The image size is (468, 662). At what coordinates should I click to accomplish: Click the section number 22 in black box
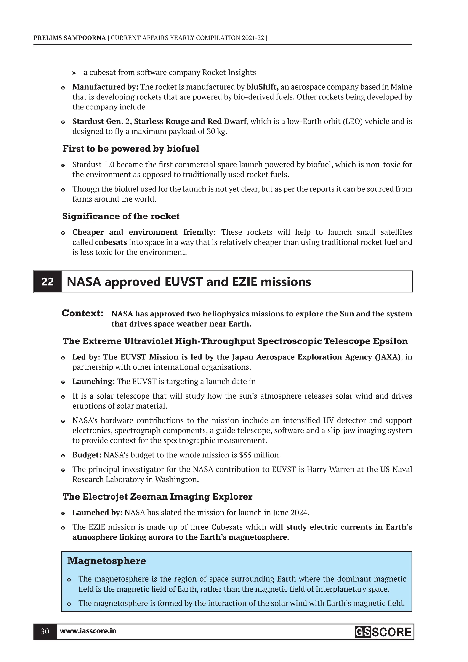click(x=48, y=282)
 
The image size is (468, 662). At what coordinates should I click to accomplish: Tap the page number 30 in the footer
click(x=45, y=631)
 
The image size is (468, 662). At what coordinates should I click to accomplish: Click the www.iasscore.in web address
click(x=88, y=631)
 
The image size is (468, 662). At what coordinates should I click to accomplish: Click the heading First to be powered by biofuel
click(x=131, y=149)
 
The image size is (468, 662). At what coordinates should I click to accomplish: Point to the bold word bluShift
click(x=262, y=87)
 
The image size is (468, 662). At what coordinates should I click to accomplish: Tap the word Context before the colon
click(x=81, y=313)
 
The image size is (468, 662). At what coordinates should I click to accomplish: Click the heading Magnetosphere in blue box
click(x=106, y=561)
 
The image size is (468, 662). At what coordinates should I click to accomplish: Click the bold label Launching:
click(x=93, y=381)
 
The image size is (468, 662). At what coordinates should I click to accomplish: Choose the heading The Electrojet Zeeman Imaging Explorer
click(x=157, y=497)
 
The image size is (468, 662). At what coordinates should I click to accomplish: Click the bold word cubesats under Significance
click(x=111, y=242)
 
